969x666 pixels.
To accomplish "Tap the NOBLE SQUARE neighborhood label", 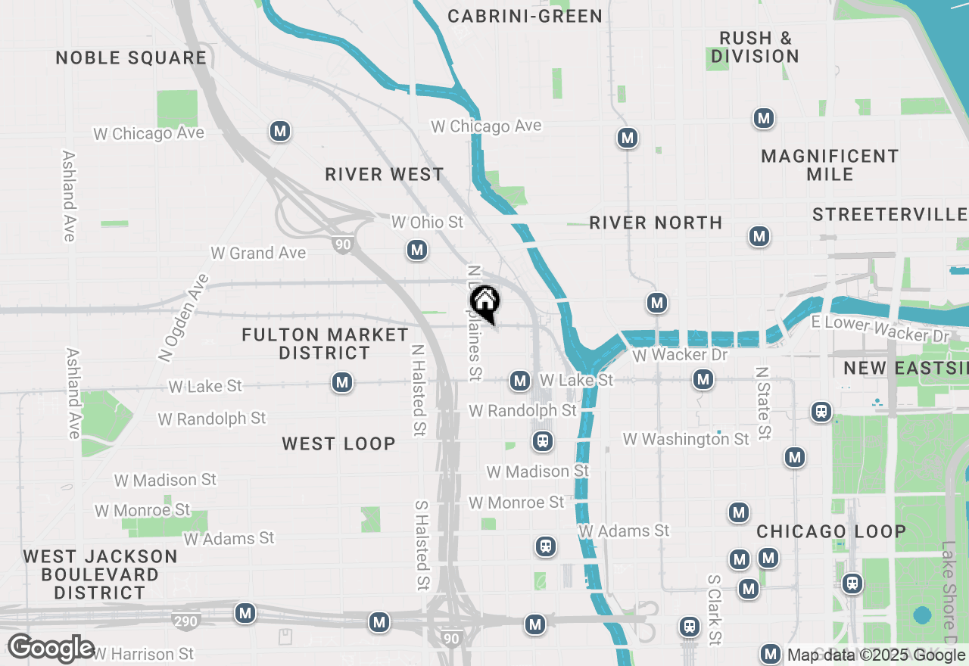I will pyautogui.click(x=131, y=58).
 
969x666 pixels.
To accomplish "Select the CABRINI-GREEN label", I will pyautogui.click(x=525, y=16).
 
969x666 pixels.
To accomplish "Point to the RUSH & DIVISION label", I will pyautogui.click(x=755, y=47).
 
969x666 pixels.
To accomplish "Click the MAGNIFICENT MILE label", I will pyautogui.click(x=830, y=165).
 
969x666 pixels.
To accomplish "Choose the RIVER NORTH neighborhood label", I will pyautogui.click(x=656, y=223).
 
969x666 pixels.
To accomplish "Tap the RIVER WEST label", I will pyautogui.click(x=385, y=174).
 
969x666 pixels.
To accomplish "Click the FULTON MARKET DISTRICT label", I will pyautogui.click(x=325, y=344).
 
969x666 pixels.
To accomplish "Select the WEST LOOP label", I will pyautogui.click(x=338, y=444).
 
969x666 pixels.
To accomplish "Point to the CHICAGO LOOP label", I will pyautogui.click(x=831, y=531).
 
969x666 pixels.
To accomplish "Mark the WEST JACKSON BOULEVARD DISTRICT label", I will pyautogui.click(x=100, y=574).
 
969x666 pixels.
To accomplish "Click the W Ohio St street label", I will pyautogui.click(x=427, y=222).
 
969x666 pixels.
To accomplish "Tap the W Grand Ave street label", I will pyautogui.click(x=258, y=253).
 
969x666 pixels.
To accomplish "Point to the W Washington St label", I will pyautogui.click(x=686, y=439).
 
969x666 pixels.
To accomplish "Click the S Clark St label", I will pyautogui.click(x=713, y=609).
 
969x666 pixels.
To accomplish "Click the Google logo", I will pyautogui.click(x=51, y=649).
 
